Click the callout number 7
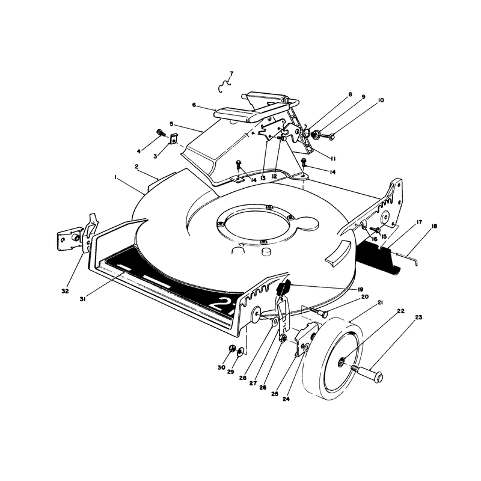(231, 73)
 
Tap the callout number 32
(65, 291)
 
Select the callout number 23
(418, 317)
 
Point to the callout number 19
(360, 289)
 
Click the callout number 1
(115, 177)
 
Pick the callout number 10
(381, 100)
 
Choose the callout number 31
(82, 299)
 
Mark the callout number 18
(434, 226)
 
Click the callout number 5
(171, 124)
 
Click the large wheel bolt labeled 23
(368, 372)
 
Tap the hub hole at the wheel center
(342, 364)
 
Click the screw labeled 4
(161, 133)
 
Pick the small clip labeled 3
(174, 139)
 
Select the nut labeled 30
(232, 349)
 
